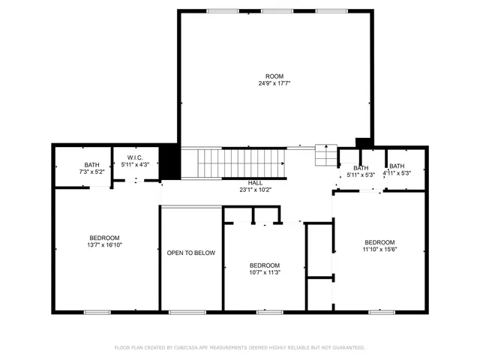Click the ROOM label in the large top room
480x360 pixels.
274,76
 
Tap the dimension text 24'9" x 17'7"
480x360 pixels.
274,84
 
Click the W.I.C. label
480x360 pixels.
135,157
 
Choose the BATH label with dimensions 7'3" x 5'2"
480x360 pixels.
91,165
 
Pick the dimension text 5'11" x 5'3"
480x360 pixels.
361,174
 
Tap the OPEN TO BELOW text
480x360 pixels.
190,253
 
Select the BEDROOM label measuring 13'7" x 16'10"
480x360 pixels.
104,238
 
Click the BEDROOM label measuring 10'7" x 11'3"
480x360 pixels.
264,265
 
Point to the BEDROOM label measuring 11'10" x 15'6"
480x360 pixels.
379,241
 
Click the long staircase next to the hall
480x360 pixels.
235,163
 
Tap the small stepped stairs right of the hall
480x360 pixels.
325,155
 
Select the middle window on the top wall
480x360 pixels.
273,10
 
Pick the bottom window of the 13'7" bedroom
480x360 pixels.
97,311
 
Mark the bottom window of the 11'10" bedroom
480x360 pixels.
382,311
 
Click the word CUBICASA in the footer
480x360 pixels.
192,348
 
